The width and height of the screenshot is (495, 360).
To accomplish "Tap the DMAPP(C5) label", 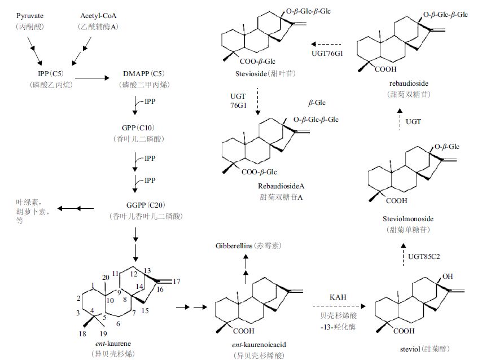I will [x=141, y=73].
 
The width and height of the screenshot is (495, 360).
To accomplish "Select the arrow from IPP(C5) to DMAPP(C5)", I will [x=93, y=78].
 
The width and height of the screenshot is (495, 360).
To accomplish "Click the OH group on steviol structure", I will [x=449, y=277].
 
